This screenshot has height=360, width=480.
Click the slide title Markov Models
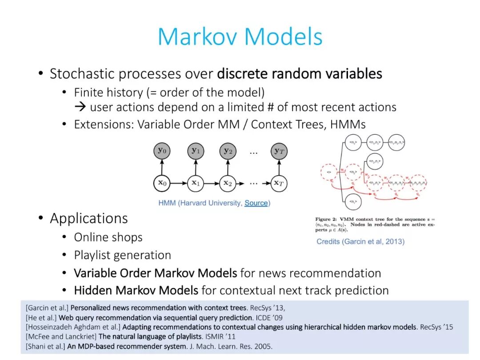pos(240,36)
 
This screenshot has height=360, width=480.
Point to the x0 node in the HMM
pos(161,183)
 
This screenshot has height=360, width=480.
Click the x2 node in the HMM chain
pos(228,183)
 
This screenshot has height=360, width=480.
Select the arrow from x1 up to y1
pos(195,168)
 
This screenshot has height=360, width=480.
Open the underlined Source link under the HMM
pos(256,203)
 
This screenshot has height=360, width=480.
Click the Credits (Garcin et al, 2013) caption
pos(360,241)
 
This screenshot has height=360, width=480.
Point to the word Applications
pos(89,218)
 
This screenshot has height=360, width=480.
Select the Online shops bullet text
pos(108,237)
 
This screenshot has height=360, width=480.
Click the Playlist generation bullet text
pos(122,255)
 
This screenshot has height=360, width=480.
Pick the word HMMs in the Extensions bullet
pos(348,124)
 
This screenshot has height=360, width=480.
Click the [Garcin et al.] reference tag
pos(47,308)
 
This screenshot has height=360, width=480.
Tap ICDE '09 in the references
pos(269,317)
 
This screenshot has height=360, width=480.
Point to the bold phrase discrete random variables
pos(300,73)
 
